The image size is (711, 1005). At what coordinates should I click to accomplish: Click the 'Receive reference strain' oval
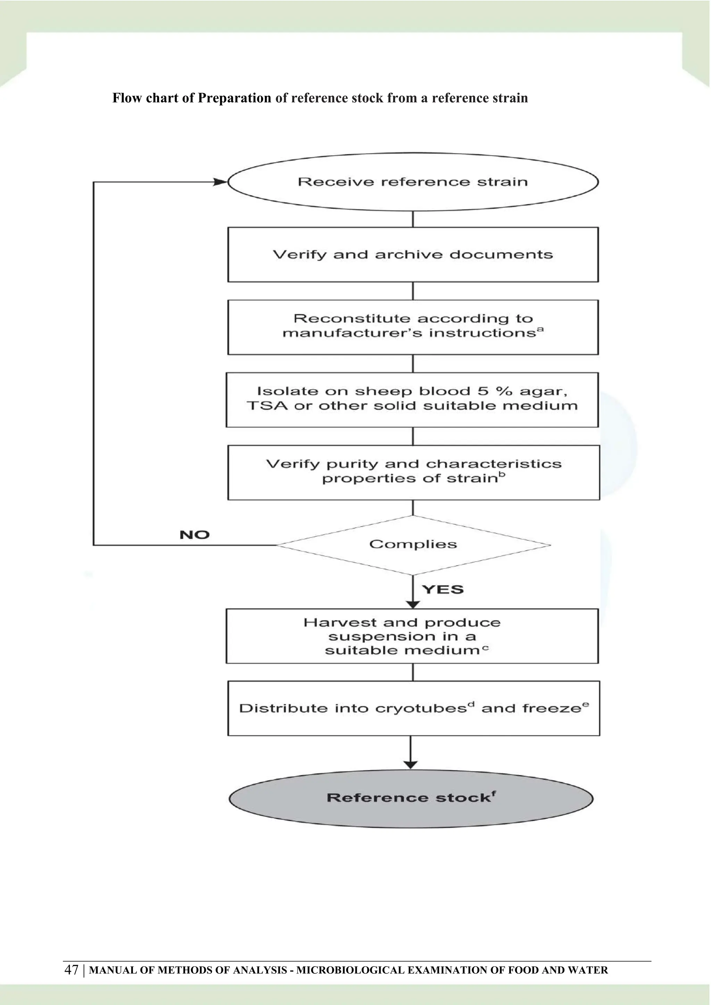413,181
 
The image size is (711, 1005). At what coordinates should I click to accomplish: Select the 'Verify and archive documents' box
413,254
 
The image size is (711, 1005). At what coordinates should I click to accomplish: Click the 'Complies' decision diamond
413,544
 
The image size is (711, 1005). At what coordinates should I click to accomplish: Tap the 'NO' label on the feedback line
194,534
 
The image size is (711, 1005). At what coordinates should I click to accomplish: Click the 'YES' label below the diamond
443,589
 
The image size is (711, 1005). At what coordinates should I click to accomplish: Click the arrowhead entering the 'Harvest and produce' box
413,605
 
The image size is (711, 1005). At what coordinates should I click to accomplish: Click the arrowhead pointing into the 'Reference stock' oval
410,765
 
